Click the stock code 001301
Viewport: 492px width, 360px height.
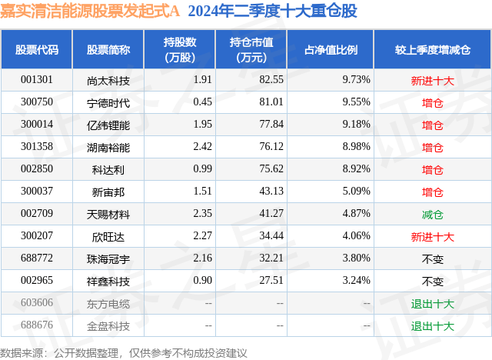point(37,79)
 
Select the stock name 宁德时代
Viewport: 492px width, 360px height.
point(108,102)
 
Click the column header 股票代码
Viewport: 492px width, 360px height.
point(37,50)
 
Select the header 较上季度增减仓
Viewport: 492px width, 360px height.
point(433,50)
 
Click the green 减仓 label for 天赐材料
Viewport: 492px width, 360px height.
point(433,214)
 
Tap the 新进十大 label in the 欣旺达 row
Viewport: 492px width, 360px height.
point(433,236)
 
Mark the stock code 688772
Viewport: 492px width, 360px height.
point(37,258)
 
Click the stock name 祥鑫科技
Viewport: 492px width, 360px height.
point(108,281)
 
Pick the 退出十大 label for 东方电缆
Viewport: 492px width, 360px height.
point(433,303)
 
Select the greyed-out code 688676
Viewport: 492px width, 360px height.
point(37,325)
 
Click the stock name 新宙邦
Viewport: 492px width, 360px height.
point(108,192)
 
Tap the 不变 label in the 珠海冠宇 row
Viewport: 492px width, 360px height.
point(433,258)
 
